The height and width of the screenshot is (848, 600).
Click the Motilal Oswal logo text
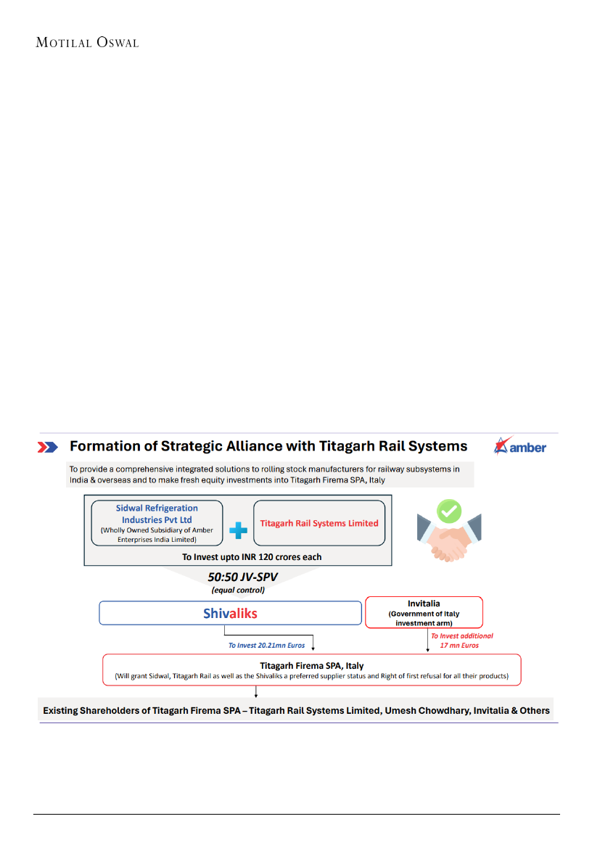87,43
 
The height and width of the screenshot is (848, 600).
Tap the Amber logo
519,446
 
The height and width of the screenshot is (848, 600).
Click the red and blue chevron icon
49,447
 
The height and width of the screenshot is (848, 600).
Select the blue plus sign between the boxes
238,531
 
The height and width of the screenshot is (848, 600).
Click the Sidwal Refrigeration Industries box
157,523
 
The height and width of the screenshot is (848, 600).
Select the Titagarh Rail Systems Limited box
319,523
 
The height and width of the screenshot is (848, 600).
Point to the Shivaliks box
230,613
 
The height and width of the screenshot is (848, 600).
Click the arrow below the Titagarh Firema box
255,693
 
